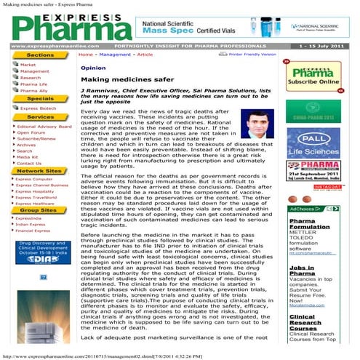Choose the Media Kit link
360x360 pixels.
(28, 156)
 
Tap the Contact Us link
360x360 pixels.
(29, 163)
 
